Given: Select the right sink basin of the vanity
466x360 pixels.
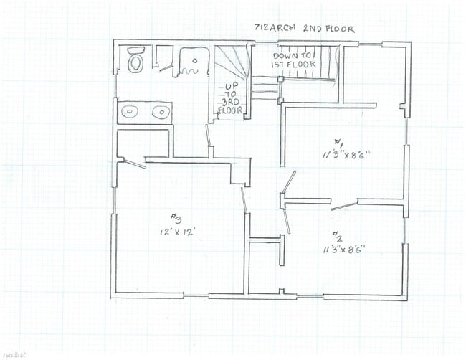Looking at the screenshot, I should point(161,112).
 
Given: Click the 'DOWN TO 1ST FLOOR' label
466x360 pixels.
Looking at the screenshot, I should point(291,60).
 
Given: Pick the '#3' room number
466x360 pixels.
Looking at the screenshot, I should point(175,219).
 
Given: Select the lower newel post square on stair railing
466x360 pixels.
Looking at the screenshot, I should point(281,94).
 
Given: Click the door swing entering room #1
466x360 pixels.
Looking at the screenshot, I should point(289,184).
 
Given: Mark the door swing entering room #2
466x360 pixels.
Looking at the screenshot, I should point(288,219).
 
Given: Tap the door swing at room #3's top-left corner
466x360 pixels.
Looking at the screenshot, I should point(133,162).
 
